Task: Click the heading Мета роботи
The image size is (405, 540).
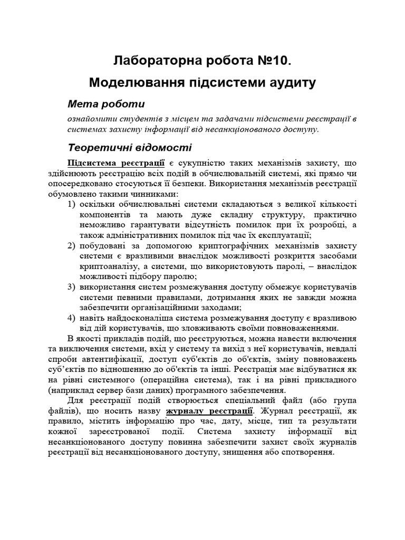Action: point(107,103)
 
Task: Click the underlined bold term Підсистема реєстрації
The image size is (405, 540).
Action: point(116,163)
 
